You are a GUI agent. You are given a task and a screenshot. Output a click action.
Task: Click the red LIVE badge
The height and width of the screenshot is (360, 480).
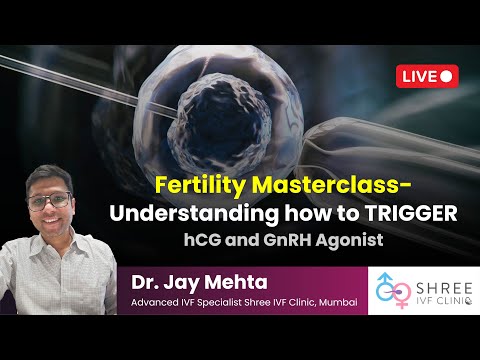point(428,75)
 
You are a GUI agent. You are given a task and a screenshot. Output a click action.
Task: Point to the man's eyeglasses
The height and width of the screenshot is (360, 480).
point(50,199)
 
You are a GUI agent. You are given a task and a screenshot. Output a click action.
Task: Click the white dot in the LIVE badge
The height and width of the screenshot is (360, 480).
point(446,75)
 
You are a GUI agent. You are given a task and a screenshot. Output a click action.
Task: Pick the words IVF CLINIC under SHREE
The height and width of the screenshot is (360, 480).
point(436,299)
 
